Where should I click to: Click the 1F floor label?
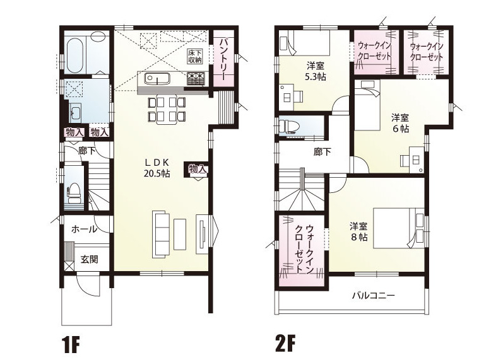[x=71, y=344]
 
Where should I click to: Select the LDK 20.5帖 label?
[x=157, y=168]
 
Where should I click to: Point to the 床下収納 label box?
[x=195, y=56]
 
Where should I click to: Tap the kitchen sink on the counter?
[x=157, y=79]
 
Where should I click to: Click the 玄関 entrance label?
[x=89, y=259]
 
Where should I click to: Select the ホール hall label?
[x=85, y=229]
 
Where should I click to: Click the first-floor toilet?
[x=74, y=193]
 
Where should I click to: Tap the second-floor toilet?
[x=288, y=125]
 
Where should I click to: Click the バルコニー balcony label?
[x=374, y=295]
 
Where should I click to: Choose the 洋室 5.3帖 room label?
[x=316, y=71]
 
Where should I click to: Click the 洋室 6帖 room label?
[x=401, y=123]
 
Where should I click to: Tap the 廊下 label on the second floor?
[x=322, y=151]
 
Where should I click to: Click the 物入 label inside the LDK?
[x=198, y=168]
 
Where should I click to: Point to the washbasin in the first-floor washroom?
[x=76, y=112]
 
